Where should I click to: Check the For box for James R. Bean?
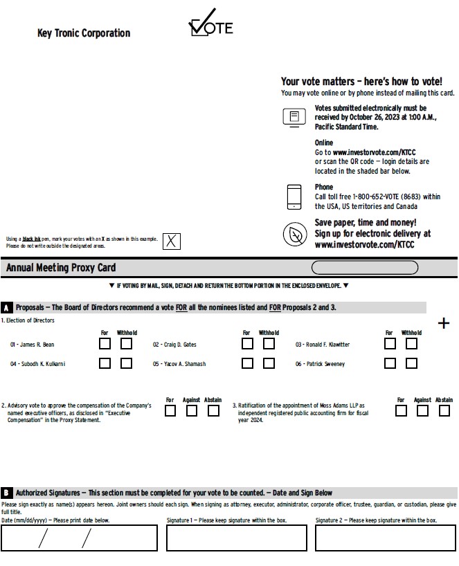coord(105,343)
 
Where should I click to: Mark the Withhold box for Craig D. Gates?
coord(269,343)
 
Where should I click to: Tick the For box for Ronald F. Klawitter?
coord(390,343)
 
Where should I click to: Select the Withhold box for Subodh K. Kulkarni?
coord(126,363)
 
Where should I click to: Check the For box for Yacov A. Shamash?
coord(247,363)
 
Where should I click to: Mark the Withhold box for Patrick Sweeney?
coord(411,363)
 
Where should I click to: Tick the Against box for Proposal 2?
coord(192,410)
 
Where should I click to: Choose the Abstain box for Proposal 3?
coord(444,410)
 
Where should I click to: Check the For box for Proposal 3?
coord(401,410)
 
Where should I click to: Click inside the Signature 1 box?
coord(236,538)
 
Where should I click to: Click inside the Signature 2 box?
coord(385,538)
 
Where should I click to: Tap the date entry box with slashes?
coord(79,538)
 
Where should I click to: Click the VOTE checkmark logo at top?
coord(210,25)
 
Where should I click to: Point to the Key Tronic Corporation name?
coord(83,33)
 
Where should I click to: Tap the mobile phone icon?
coord(294,197)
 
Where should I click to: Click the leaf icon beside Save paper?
coord(294,234)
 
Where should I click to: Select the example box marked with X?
coord(171,241)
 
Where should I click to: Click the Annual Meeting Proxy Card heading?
coord(61,268)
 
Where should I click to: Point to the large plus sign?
coord(444,323)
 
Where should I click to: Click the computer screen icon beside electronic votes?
coord(294,117)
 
